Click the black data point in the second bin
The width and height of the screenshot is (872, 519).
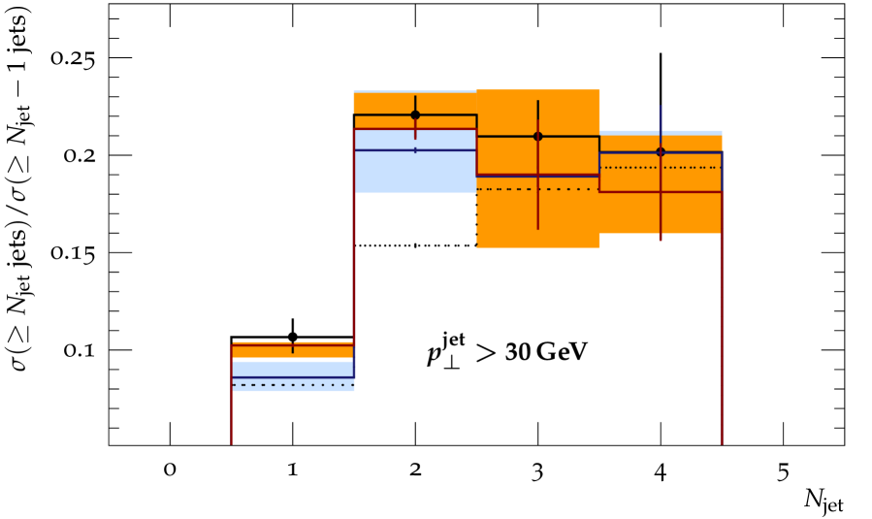click(415, 114)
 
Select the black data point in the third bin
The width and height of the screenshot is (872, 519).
click(537, 136)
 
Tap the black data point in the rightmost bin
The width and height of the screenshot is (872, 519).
click(661, 151)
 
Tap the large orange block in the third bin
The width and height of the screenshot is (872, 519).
click(572, 218)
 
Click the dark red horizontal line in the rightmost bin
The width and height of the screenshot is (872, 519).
click(630, 191)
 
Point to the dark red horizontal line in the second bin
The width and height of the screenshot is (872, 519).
click(388, 128)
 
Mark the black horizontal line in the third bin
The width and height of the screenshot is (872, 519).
click(504, 136)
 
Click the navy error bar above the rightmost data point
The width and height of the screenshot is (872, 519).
click(661, 121)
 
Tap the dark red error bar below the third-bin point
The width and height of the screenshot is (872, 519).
click(537, 209)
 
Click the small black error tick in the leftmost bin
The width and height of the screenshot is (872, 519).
click(293, 347)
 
